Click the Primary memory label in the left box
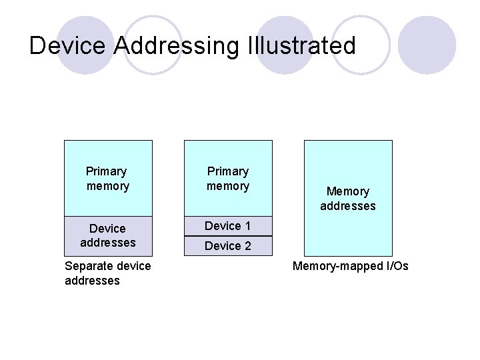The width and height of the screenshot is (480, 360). [107, 179]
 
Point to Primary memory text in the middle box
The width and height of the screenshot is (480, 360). [227, 179]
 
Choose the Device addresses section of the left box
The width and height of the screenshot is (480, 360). [107, 236]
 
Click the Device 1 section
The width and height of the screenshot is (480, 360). [227, 226]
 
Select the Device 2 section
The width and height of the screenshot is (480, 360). [227, 246]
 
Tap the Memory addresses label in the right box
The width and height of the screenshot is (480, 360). [347, 199]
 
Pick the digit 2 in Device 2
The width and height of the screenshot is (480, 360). [247, 246]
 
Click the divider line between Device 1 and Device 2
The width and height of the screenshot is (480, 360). [227, 236]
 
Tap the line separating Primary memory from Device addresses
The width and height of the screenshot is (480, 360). [107, 217]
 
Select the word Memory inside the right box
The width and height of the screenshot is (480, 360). [347, 191]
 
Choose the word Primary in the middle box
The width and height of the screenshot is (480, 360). [227, 171]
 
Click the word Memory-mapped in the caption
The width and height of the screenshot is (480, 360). [334, 266]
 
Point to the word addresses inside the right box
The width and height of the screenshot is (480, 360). [347, 206]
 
